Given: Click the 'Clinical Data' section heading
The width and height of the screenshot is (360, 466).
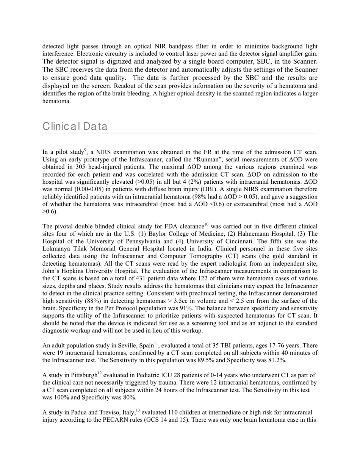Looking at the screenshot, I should tap(75, 126).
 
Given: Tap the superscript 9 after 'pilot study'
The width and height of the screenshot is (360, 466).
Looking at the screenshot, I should tap(86, 150).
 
